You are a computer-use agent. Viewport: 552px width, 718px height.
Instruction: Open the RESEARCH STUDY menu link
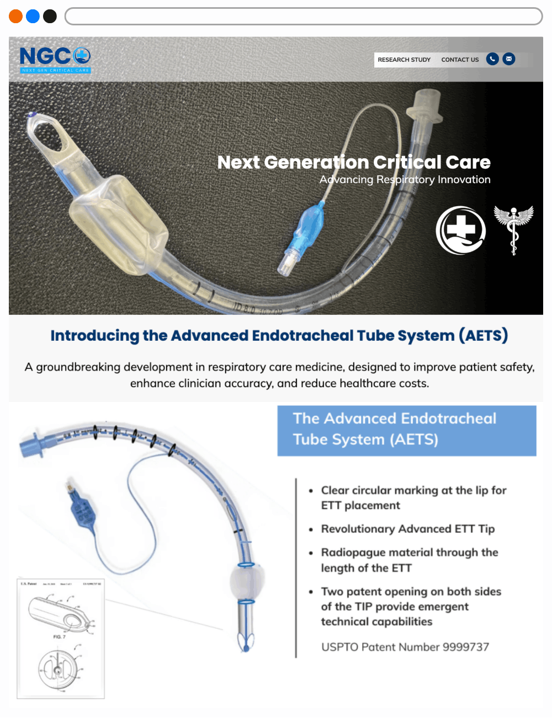[x=404, y=60]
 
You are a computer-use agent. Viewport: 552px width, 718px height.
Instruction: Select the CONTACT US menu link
[x=460, y=60]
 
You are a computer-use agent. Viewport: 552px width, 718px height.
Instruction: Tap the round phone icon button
[x=492, y=59]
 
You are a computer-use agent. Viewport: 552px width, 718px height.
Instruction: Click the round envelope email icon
[x=509, y=59]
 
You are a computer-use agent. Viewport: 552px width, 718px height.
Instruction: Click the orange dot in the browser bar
[x=16, y=17]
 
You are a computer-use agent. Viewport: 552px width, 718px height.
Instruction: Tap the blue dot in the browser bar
[x=33, y=17]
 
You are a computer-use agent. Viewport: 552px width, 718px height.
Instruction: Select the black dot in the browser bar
[x=50, y=17]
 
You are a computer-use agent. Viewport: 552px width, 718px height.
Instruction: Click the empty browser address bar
[x=304, y=17]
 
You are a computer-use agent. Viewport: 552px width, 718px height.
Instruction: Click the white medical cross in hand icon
[x=460, y=230]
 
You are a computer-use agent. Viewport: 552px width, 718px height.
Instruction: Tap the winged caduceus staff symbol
[x=513, y=229]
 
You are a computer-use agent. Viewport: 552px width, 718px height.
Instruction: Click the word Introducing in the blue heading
[x=94, y=335]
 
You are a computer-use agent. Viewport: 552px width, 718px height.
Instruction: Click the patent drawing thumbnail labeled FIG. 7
[x=61, y=638]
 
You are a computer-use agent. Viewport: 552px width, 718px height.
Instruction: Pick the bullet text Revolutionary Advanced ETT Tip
[x=407, y=529]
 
